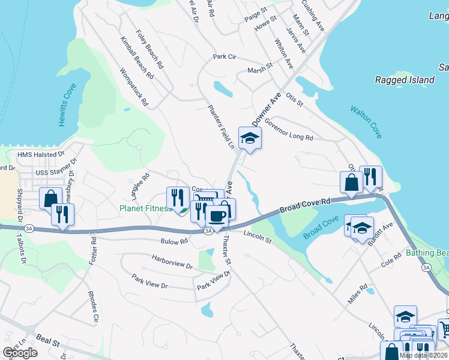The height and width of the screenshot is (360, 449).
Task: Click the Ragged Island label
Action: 404,80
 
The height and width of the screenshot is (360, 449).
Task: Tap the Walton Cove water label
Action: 367,122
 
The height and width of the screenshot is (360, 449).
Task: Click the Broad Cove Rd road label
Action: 305,206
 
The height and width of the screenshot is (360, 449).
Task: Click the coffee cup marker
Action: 217,215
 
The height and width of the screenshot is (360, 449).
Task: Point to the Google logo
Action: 20,352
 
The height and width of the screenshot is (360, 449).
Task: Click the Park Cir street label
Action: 224,57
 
